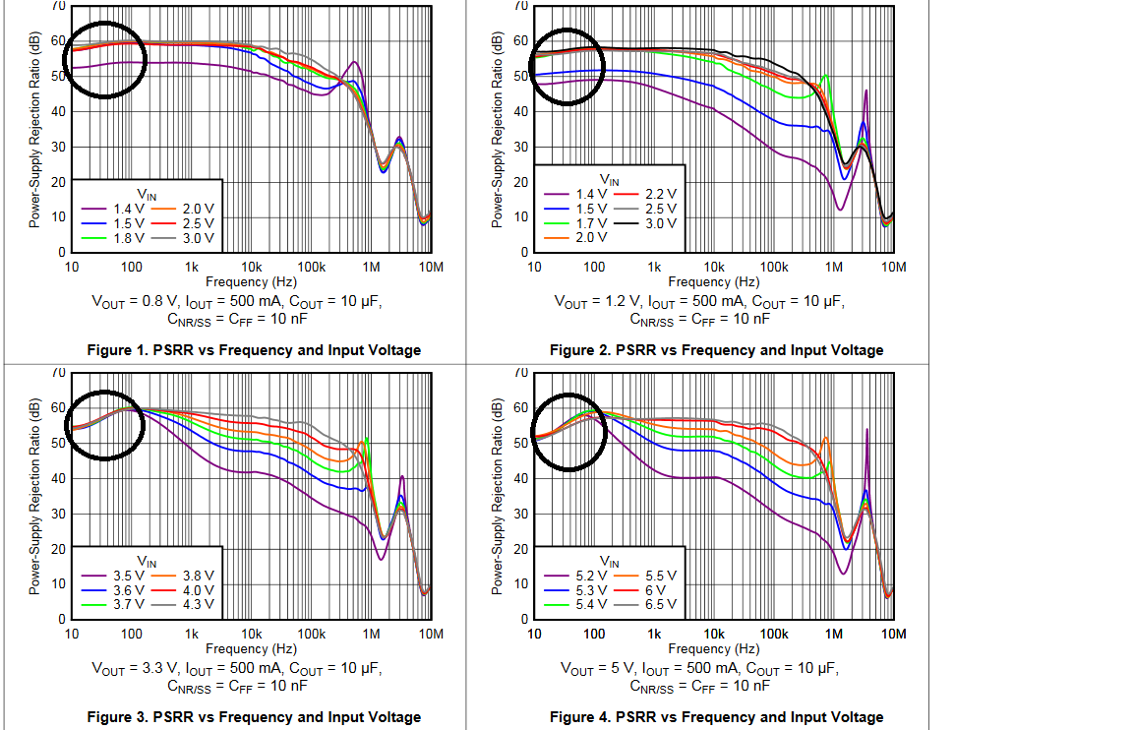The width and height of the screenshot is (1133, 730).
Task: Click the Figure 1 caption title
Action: (254, 350)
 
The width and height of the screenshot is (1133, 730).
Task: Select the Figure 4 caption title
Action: (716, 717)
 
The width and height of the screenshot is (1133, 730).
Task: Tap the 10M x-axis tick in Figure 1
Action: (431, 268)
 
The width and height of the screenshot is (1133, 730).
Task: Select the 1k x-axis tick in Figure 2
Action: (654, 268)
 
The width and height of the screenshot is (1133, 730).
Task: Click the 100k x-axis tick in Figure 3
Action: (312, 635)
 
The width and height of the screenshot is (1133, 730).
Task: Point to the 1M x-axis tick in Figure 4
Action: (834, 635)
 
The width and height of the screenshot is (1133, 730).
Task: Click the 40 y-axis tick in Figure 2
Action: (520, 111)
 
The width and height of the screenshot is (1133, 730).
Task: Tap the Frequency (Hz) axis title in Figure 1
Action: (251, 282)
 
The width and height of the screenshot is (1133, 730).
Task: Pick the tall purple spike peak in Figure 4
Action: (866, 430)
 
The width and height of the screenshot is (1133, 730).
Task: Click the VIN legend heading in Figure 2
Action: (610, 180)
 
